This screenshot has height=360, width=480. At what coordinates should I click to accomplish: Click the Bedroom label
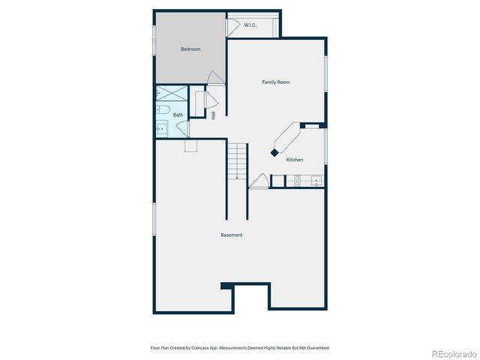190,49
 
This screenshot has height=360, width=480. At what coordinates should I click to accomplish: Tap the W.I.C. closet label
250,25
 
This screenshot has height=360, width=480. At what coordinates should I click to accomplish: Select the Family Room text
275,82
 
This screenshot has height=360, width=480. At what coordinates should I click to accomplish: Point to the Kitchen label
295,160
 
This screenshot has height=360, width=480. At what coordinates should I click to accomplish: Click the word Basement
231,235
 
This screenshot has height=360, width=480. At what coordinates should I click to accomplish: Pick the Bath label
178,115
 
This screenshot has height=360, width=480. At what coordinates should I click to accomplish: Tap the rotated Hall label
214,115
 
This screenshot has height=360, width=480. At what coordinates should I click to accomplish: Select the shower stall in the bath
171,94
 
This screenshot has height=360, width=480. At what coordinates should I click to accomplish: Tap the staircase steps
237,159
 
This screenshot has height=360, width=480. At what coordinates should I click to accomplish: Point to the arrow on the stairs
237,177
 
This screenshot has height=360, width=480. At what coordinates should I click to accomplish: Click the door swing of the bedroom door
216,78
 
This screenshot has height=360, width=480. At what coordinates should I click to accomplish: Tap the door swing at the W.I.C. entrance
234,25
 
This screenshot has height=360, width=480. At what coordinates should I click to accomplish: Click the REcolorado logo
452,352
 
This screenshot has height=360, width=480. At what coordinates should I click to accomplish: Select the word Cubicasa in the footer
202,348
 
